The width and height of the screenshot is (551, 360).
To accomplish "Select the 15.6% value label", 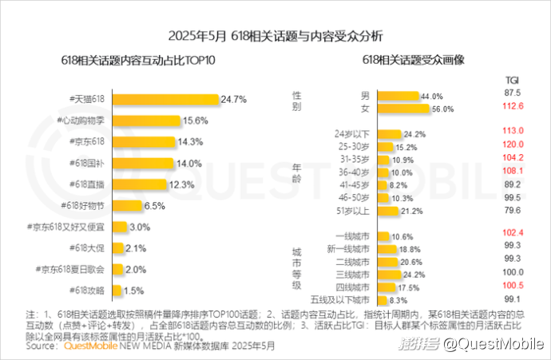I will (196, 121).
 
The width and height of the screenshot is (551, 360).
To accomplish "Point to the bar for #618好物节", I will (127, 205).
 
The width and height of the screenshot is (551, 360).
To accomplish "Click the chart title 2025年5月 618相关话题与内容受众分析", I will (275, 36).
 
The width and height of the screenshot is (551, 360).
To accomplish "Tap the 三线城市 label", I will (352, 274).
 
